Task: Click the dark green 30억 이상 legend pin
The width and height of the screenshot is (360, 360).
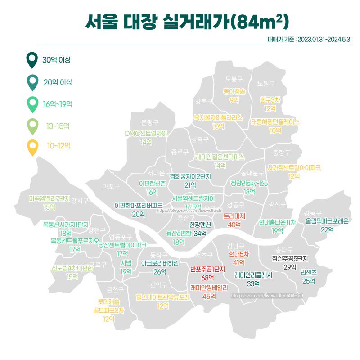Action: [31, 60]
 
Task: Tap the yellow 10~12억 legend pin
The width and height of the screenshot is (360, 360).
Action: [32, 147]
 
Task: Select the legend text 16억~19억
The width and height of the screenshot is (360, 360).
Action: [58, 104]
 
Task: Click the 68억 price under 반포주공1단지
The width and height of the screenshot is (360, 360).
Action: [207, 277]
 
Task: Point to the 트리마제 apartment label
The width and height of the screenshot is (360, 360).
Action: [234, 216]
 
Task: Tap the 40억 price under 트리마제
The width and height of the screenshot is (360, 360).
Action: [235, 225]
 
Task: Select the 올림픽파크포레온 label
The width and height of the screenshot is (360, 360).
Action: [327, 221]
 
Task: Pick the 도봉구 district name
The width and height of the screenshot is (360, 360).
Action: [234, 79]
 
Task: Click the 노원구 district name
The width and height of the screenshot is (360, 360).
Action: [266, 84]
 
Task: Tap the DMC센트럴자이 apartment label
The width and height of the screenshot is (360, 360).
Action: [146, 134]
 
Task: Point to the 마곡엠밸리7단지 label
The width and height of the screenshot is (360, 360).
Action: [49, 198]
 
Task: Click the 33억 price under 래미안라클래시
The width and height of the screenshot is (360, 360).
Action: [253, 283]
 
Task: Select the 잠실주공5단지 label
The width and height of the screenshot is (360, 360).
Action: [290, 258]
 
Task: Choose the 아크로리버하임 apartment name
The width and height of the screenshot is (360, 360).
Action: [160, 263]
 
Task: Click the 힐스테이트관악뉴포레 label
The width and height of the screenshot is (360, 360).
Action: [163, 297]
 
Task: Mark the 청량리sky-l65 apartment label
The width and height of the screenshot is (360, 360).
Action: [249, 183]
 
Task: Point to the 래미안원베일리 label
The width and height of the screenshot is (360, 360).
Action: [209, 287]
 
